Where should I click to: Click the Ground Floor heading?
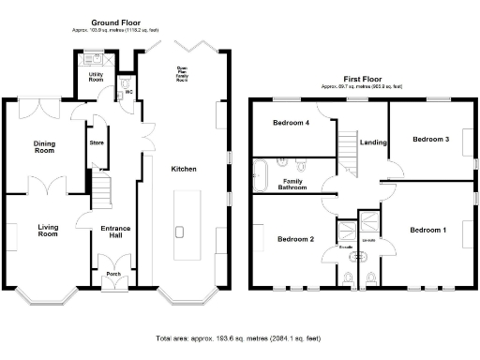tap(115, 22)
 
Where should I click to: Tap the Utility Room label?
tap(96, 76)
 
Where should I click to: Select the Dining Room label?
tap(44, 147)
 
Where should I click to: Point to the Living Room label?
tap(48, 230)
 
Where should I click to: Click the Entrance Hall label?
tap(115, 232)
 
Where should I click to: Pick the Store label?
tap(96, 142)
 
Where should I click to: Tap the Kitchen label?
tap(183, 169)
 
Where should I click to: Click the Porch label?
tap(113, 274)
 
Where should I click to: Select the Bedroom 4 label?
tap(291, 123)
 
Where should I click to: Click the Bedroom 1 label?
tap(428, 229)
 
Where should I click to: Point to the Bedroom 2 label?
tap(295, 239)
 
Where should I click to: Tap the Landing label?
tap(373, 142)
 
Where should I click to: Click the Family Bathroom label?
tap(295, 184)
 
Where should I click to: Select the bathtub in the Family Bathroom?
tap(261, 175)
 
